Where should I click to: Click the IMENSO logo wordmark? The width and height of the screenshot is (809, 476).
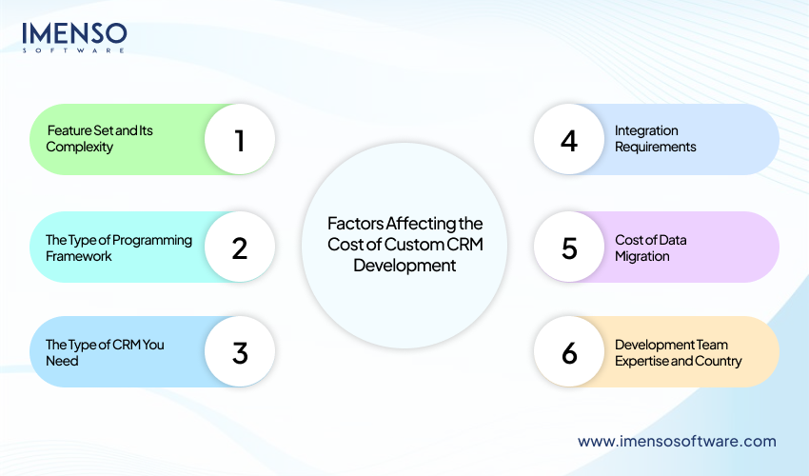point(74,34)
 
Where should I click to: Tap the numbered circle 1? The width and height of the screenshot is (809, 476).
point(240,140)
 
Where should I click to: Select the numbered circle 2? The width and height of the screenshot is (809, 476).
point(240,248)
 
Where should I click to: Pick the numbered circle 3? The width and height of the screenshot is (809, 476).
point(240,352)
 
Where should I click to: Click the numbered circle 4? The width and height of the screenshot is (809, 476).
point(569,140)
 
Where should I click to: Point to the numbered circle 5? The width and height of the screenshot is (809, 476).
point(569,248)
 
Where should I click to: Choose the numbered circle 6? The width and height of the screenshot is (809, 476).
point(569,352)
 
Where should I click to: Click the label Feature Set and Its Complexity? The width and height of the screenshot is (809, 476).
point(99,139)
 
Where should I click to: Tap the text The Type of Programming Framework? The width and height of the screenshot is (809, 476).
point(118,248)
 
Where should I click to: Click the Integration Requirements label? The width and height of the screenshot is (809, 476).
point(655,139)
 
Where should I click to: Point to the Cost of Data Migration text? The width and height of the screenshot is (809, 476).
point(650,248)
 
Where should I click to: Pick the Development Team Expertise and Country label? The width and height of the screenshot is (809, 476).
point(678,352)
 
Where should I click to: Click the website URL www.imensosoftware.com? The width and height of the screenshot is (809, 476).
point(677,441)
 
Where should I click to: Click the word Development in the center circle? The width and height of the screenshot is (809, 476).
point(404,266)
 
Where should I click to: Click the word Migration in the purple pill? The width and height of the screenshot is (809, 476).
point(642,256)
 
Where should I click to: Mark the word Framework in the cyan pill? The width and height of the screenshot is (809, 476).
point(79,256)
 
